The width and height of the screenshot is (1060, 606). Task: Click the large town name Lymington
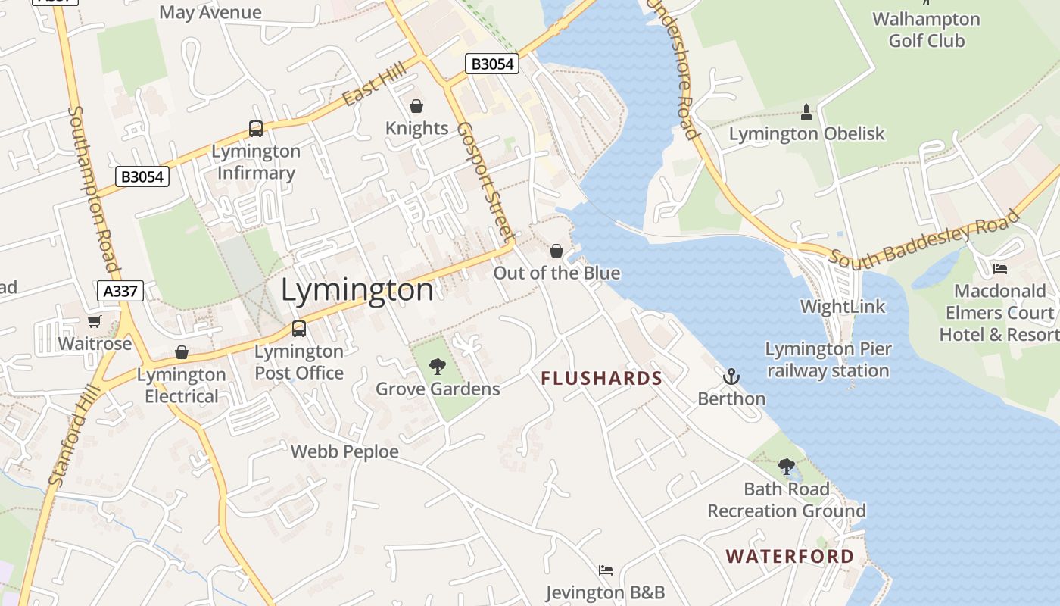click(357, 290)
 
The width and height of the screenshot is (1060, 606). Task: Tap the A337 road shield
click(120, 291)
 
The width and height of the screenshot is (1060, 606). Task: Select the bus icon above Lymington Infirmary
click(256, 129)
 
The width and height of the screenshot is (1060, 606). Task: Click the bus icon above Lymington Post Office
click(299, 329)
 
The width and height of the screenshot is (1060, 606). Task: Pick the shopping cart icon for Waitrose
click(94, 322)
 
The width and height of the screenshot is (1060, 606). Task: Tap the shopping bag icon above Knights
click(416, 106)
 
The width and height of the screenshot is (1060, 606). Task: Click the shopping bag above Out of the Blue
click(556, 251)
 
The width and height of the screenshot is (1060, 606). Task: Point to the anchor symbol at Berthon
click(731, 376)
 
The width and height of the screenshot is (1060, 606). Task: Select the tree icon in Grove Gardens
click(438, 367)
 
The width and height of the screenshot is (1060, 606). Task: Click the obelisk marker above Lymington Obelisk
click(806, 112)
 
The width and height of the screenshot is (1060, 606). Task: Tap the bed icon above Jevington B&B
click(605, 570)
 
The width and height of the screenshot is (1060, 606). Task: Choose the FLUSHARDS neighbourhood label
click(602, 378)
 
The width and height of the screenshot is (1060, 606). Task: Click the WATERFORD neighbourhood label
click(790, 557)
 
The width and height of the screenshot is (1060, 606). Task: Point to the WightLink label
click(843, 307)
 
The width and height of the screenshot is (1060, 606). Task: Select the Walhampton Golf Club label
click(926, 30)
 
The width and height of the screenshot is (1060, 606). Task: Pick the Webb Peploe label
click(344, 451)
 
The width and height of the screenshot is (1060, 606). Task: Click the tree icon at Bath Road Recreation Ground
click(787, 466)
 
